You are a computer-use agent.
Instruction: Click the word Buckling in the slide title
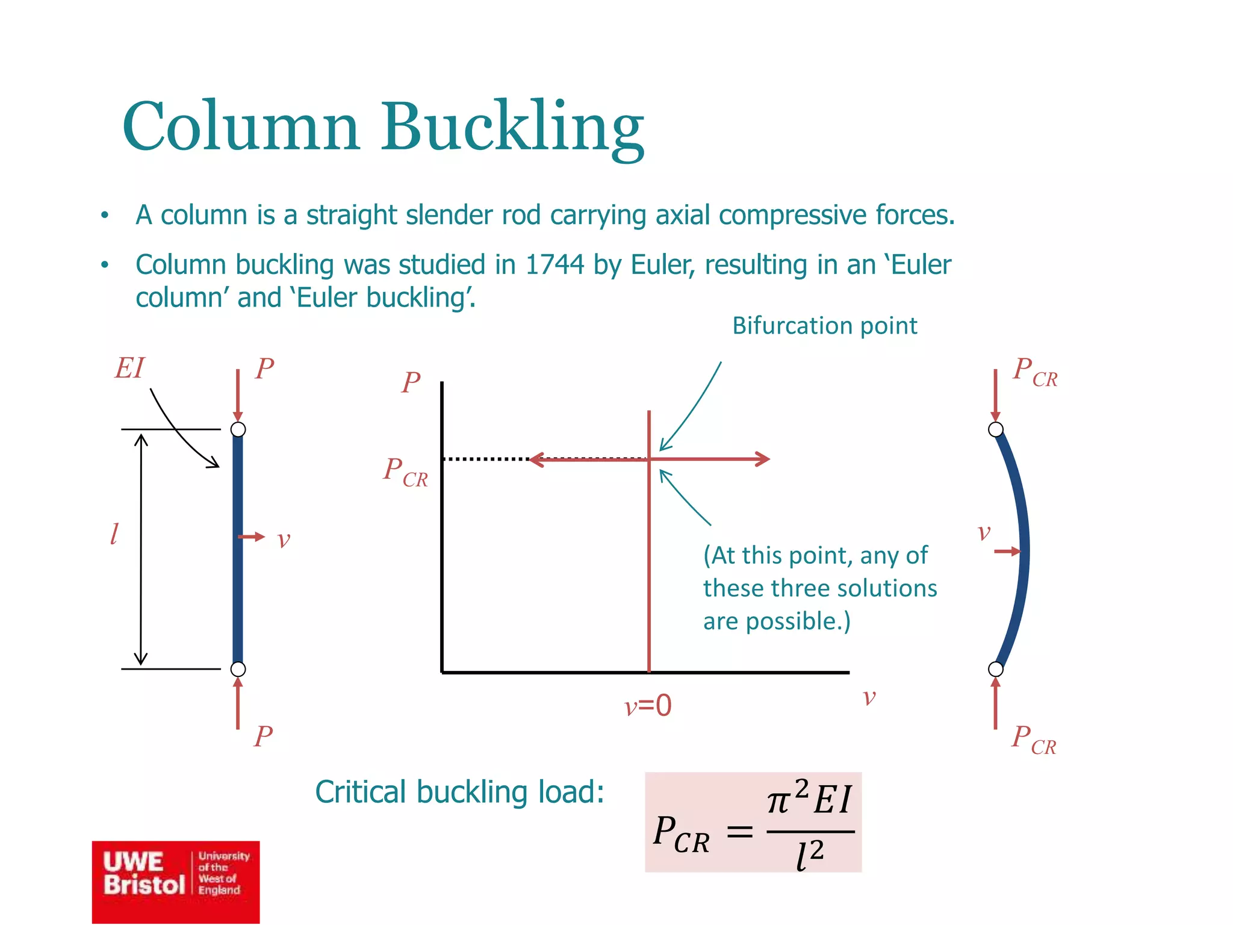(512, 128)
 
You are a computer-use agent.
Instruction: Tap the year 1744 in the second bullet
(554, 265)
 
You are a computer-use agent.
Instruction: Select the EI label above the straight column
(130, 368)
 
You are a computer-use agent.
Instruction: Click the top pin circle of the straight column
(238, 429)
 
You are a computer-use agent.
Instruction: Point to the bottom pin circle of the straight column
(238, 669)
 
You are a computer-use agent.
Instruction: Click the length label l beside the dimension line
(114, 534)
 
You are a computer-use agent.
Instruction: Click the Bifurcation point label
(824, 326)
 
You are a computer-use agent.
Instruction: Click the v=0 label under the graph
(648, 705)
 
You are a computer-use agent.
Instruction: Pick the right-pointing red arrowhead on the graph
(763, 459)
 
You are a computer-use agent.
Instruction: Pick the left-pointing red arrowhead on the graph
(536, 459)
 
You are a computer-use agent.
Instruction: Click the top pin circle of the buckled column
(996, 429)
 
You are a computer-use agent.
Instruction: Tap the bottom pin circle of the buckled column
(996, 669)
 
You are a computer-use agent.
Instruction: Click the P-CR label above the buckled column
(1034, 372)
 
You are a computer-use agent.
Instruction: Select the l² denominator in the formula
(809, 855)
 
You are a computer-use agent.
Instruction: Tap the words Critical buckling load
(459, 792)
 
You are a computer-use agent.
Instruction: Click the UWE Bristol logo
(176, 882)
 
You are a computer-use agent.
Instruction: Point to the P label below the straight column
(264, 736)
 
